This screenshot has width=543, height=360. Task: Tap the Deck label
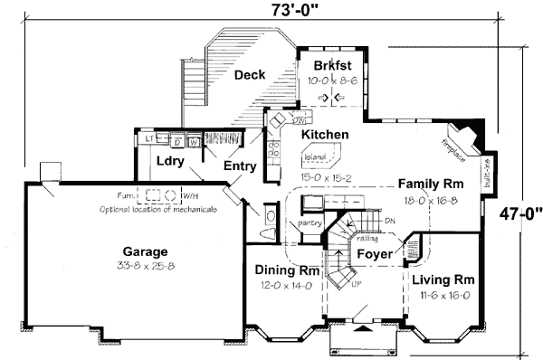pyautogui.click(x=249, y=75)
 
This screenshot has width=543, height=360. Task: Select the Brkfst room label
pyautogui.click(x=332, y=66)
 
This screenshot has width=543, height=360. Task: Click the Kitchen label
pyautogui.click(x=324, y=134)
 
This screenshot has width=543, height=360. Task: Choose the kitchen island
pyautogui.click(x=313, y=156)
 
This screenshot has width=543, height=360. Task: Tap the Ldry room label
pyautogui.click(x=170, y=162)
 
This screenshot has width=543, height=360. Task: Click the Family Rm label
pyautogui.click(x=430, y=184)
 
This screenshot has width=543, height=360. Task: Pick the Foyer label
pyautogui.click(x=374, y=254)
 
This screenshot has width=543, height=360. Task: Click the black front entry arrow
pyautogui.click(x=364, y=330)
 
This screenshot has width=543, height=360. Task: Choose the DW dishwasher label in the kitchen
pyautogui.click(x=299, y=118)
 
